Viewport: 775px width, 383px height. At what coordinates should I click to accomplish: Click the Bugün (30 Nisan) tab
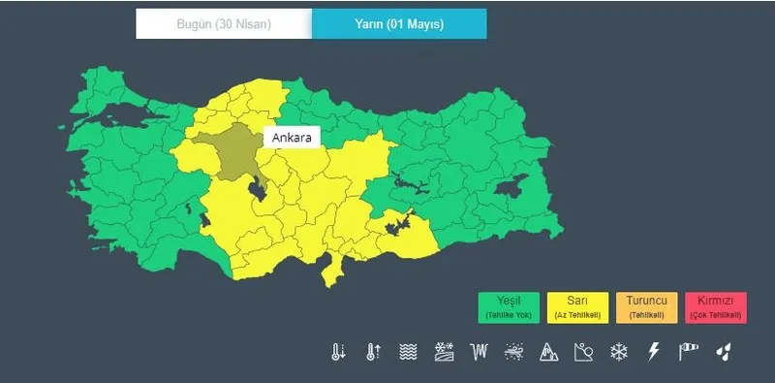coord(224,24)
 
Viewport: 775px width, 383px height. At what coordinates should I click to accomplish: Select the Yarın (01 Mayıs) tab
coord(399,24)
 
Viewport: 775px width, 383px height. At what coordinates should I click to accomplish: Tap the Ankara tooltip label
coord(292,139)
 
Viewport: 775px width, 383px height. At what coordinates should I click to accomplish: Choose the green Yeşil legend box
coord(509,307)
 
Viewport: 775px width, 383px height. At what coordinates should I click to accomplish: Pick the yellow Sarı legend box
coord(577,307)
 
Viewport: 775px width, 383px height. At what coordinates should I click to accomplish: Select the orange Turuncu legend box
coord(646,307)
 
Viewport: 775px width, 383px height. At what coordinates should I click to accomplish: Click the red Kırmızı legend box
coord(715,307)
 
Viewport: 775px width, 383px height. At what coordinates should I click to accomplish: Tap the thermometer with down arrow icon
coord(338,352)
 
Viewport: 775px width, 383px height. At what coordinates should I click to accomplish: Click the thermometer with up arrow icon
coord(373,352)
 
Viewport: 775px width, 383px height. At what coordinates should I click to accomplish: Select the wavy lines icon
coord(408,352)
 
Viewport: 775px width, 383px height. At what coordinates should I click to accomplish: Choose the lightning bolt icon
coord(654,352)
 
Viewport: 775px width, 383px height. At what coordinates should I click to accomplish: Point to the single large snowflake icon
coord(619,352)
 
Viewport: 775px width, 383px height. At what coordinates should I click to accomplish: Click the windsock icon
coord(689,352)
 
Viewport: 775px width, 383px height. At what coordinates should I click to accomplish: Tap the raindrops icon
coord(723,352)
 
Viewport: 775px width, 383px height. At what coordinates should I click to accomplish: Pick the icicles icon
coord(479,352)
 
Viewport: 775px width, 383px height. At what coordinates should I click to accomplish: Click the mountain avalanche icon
coord(548,352)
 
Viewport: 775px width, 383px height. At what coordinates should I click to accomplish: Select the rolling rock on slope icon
coord(583,352)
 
